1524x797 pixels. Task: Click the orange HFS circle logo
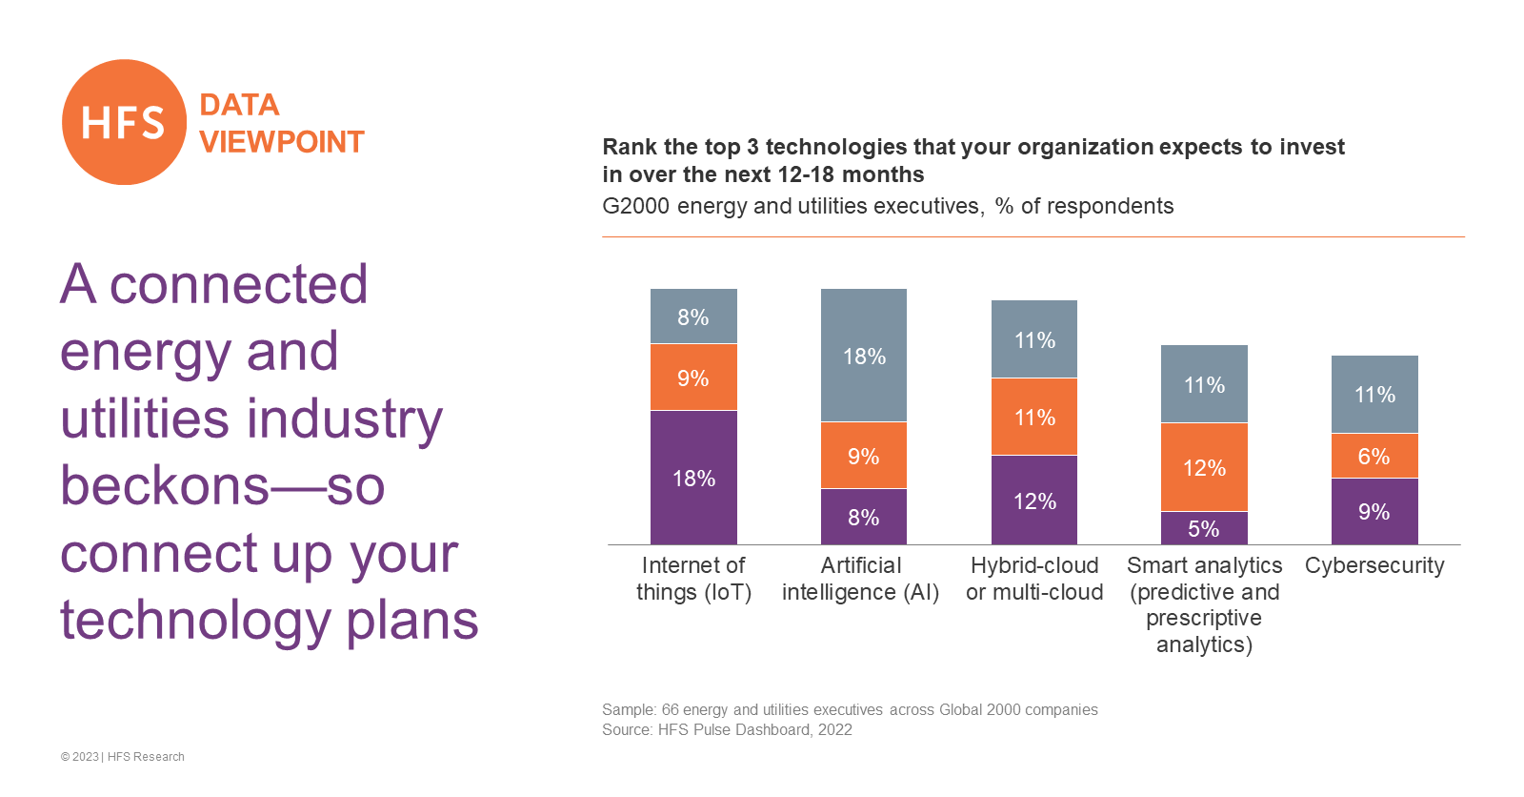[124, 122]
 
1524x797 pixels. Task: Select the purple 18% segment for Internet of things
[693, 477]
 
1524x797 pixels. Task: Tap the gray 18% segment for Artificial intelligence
[864, 356]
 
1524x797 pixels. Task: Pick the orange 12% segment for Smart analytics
[1204, 467]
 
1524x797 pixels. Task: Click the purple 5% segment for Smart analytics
[1204, 528]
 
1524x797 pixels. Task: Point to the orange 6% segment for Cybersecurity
[1374, 456]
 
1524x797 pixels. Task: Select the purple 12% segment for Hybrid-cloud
[1034, 500]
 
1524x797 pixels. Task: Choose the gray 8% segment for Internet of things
[693, 317]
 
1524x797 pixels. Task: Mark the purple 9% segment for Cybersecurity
[1374, 511]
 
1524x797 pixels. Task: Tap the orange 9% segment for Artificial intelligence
[864, 456]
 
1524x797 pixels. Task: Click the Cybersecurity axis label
[1374, 565]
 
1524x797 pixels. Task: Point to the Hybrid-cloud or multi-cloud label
[1034, 579]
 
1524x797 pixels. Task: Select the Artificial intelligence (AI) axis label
[861, 579]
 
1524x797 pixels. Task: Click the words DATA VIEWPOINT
[281, 123]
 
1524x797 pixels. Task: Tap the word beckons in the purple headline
[165, 485]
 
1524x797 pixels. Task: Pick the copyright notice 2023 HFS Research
[123, 757]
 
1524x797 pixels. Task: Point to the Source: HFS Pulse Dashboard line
[727, 729]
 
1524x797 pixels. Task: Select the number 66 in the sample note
[671, 709]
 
